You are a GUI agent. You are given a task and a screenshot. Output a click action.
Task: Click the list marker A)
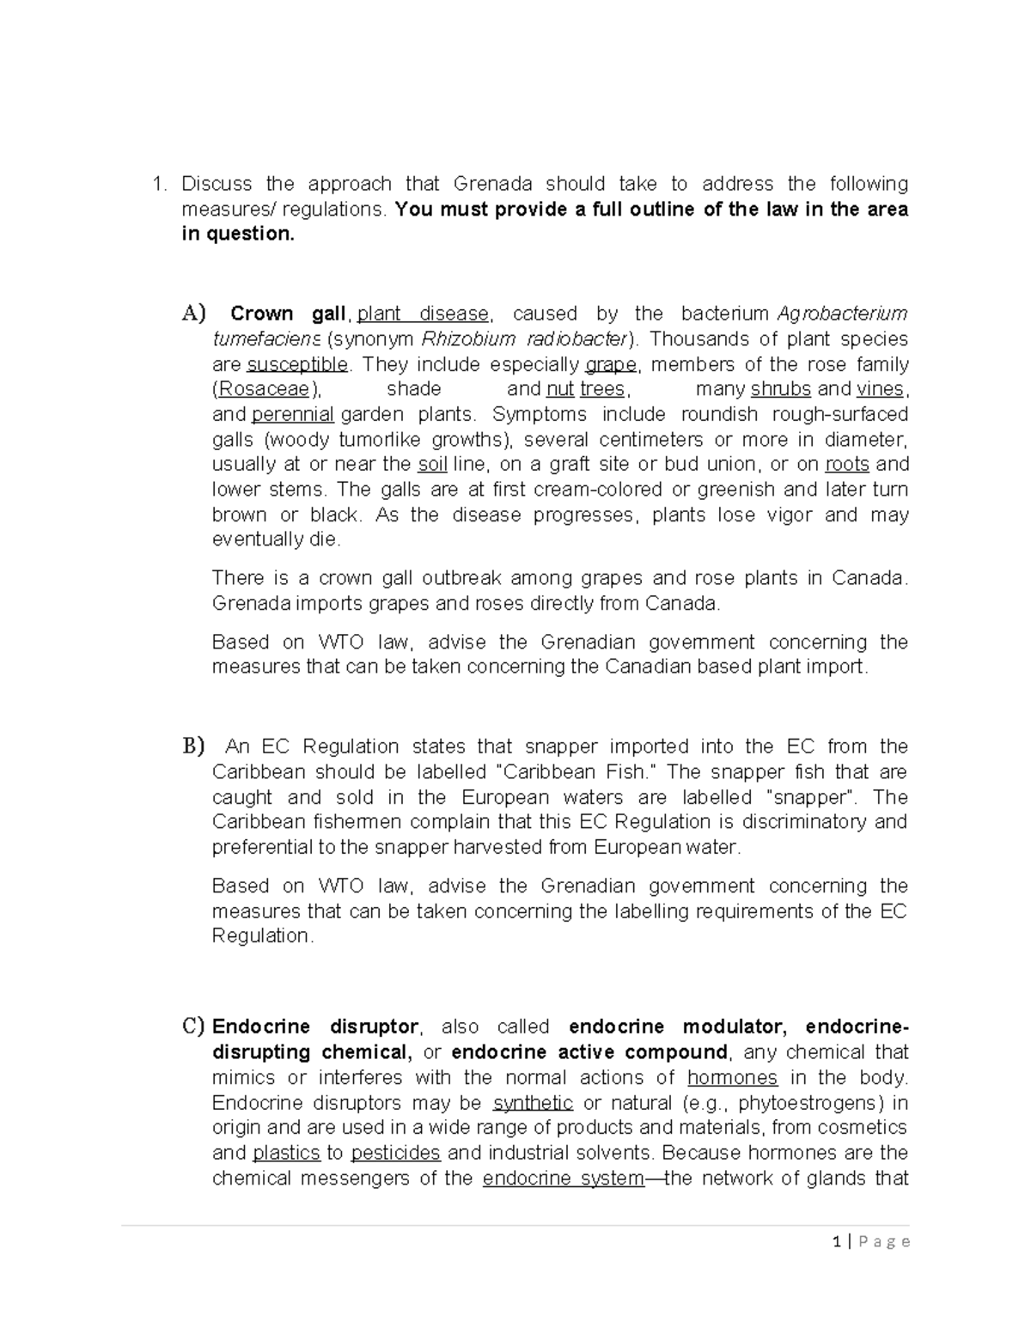[x=194, y=314]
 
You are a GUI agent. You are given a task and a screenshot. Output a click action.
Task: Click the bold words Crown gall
[x=288, y=314]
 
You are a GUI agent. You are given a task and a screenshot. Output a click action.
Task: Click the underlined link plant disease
[x=423, y=314]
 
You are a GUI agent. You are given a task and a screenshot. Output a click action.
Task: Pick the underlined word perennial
[x=293, y=414]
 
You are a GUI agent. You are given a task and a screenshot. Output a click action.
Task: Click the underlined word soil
[x=432, y=465]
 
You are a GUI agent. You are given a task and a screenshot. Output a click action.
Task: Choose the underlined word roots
[x=847, y=465]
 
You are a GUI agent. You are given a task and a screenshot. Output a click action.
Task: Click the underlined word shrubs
[x=780, y=389]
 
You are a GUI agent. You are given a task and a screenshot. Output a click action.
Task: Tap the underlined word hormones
[x=732, y=1077]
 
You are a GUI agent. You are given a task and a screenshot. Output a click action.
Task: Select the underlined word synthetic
[x=533, y=1102]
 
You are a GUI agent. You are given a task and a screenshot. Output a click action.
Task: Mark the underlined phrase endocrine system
[x=563, y=1178]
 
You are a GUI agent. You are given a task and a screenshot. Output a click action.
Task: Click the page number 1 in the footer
[x=837, y=1241]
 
